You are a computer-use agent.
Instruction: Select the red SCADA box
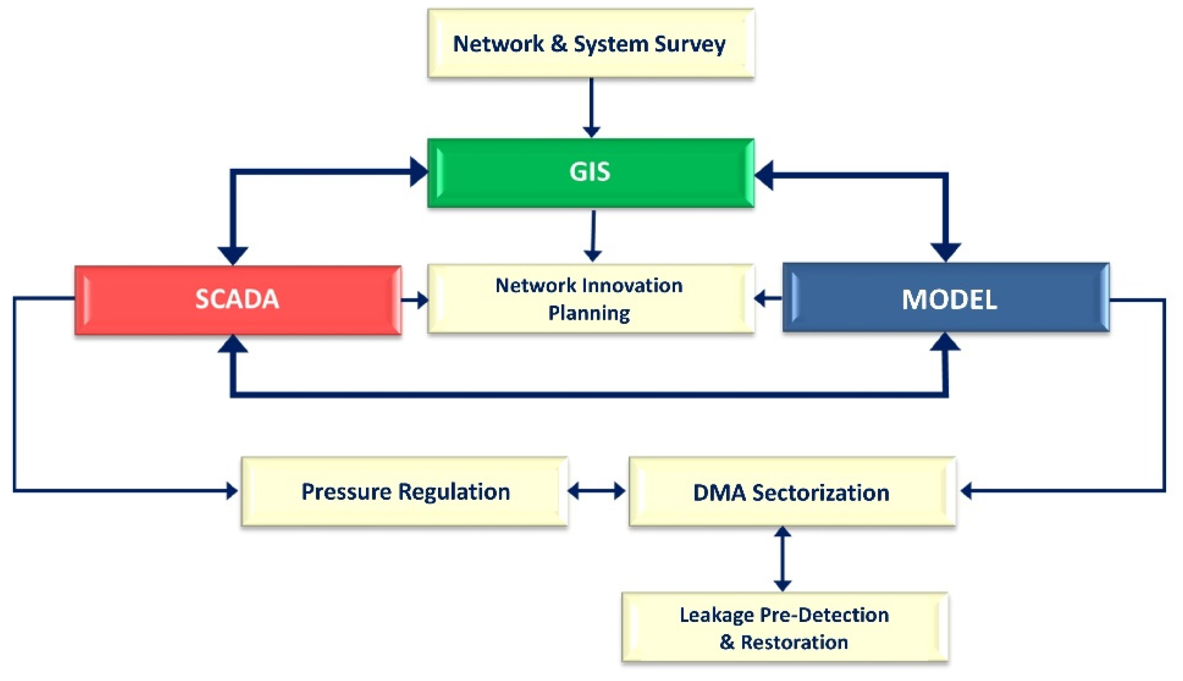click(237, 300)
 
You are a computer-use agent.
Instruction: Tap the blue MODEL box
click(946, 298)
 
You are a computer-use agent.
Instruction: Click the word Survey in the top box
click(690, 44)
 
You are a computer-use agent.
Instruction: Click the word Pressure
click(346, 492)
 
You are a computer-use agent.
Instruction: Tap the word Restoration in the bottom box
click(794, 642)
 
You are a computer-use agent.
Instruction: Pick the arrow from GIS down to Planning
click(593, 236)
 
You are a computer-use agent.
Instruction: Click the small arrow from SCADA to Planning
click(414, 300)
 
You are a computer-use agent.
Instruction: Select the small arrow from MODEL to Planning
click(767, 298)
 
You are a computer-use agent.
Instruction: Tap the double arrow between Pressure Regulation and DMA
click(596, 491)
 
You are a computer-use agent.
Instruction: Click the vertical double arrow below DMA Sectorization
click(783, 559)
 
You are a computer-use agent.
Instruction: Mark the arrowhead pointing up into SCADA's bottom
click(233, 345)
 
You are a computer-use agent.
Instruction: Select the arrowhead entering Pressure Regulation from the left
click(232, 491)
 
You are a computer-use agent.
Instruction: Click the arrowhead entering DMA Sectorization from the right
click(966, 491)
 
